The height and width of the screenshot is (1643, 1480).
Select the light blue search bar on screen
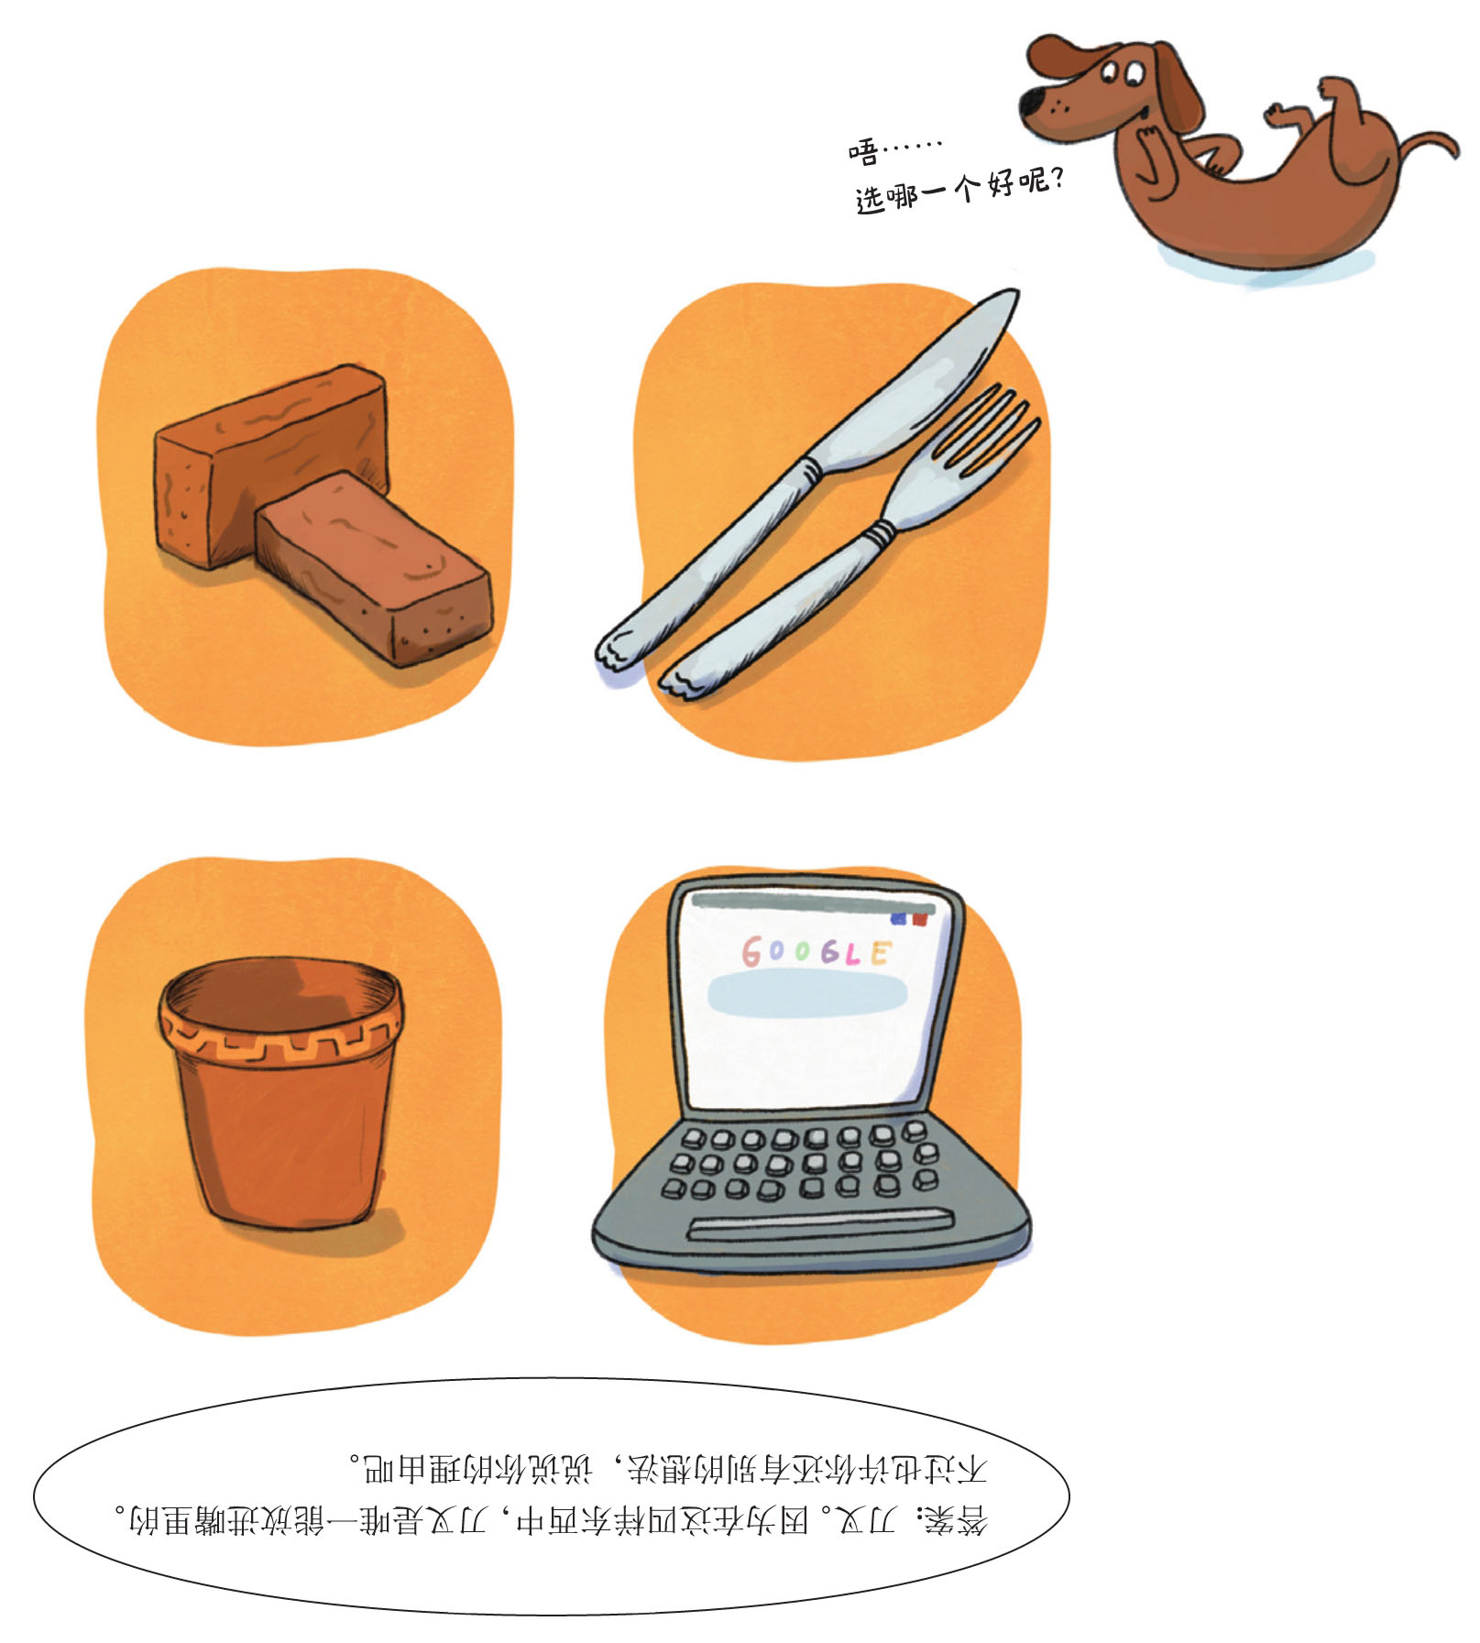pyautogui.click(x=807, y=993)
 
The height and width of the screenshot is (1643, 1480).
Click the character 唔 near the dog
pyautogui.click(x=863, y=150)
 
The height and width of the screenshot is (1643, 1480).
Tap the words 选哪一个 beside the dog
pyautogui.click(x=916, y=193)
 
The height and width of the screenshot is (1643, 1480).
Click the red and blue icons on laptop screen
pyautogui.click(x=908, y=919)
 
